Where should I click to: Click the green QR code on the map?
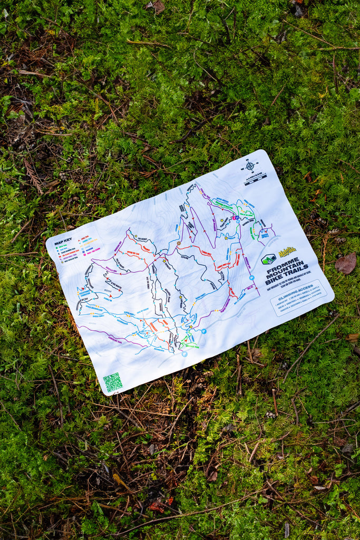(x=112, y=382)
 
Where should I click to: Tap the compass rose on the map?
(x=250, y=166)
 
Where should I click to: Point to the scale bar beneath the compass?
(x=256, y=179)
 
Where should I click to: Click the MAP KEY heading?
(x=63, y=242)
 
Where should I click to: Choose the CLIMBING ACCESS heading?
(x=296, y=289)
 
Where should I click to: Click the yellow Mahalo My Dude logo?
(x=287, y=252)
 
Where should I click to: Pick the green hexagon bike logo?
(x=268, y=259)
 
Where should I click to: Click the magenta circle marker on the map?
(x=236, y=217)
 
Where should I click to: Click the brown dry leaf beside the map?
(x=346, y=263)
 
